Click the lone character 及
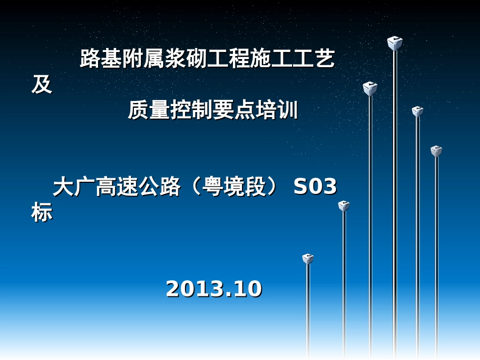41,85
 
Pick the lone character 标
41,213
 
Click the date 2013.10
214,289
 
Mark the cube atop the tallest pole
395,43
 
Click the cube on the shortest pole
308,259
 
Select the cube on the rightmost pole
436,151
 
